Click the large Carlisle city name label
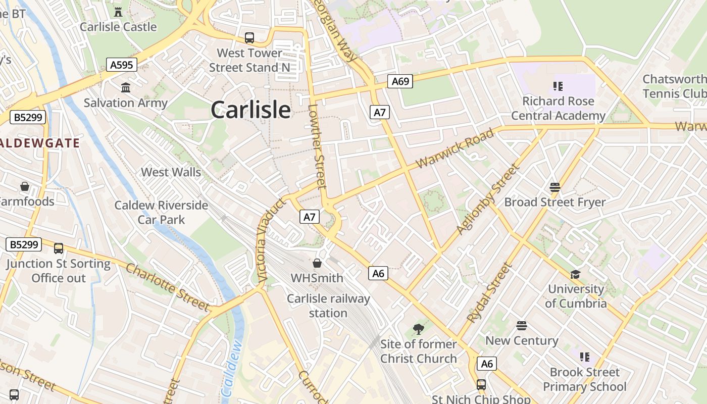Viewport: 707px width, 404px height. (250, 110)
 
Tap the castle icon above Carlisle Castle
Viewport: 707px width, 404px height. (118, 12)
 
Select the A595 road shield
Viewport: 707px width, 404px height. (122, 64)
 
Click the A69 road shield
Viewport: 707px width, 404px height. (400, 81)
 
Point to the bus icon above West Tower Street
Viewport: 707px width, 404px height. (249, 37)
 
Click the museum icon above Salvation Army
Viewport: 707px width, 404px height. (126, 88)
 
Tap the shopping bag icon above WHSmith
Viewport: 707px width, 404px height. (317, 263)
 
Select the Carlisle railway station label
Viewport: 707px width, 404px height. (328, 306)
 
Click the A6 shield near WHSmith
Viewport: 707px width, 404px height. (378, 273)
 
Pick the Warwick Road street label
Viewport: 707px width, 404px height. (454, 150)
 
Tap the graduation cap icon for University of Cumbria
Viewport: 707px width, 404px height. (575, 274)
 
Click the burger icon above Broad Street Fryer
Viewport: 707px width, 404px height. (555, 187)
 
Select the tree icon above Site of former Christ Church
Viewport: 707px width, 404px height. (418, 329)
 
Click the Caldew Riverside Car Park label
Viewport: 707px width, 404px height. (161, 213)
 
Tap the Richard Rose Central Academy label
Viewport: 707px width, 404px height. (558, 108)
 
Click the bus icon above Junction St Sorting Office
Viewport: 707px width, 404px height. (59, 248)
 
